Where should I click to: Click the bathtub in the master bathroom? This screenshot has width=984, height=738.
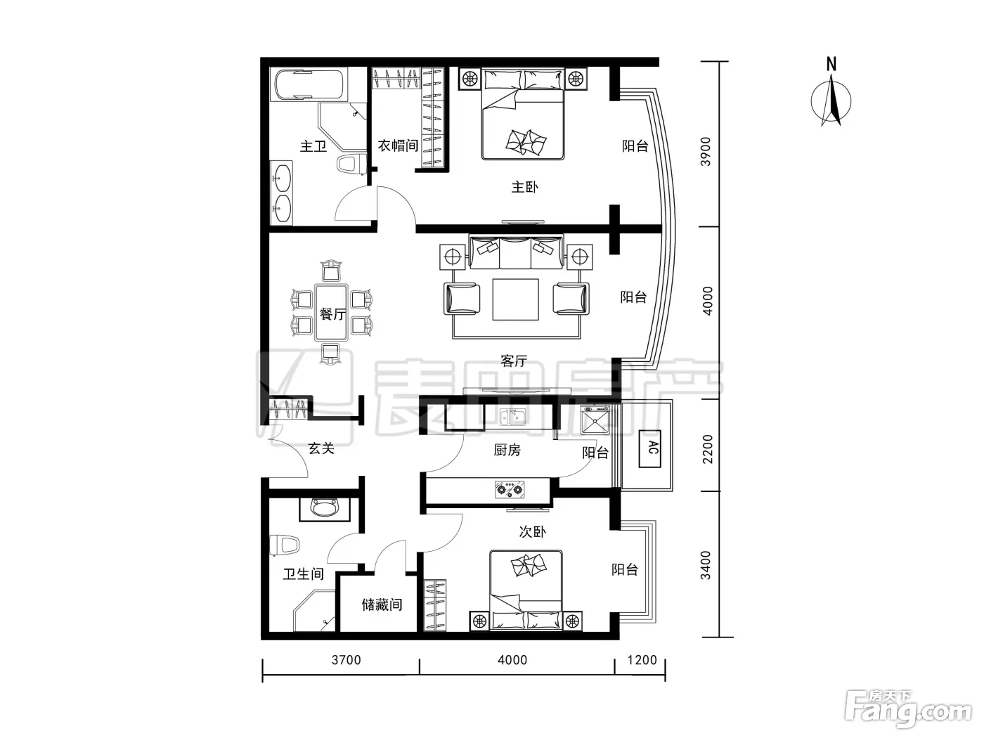click(309, 84)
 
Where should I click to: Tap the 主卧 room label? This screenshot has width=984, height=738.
click(524, 187)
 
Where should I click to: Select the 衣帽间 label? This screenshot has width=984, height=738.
click(398, 145)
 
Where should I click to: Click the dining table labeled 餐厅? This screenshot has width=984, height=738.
click(332, 312)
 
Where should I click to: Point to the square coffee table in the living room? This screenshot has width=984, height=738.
click(515, 299)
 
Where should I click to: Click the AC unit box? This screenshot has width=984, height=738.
click(649, 449)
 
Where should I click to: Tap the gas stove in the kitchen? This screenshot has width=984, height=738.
click(510, 490)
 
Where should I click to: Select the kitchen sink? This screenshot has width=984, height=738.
click(513, 417)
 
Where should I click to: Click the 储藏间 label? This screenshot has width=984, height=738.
click(382, 605)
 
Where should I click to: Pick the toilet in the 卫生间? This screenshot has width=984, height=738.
click(284, 545)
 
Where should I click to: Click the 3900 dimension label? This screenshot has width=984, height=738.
click(706, 151)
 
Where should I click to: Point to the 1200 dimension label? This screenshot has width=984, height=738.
click(642, 660)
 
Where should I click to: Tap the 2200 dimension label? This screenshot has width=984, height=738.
click(707, 449)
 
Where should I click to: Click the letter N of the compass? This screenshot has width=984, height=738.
click(831, 65)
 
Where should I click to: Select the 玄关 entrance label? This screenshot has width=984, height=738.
click(321, 448)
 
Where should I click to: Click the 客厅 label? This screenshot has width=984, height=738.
click(514, 361)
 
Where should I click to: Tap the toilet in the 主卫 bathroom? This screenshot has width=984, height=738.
click(351, 164)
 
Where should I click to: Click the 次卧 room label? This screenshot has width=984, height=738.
click(532, 532)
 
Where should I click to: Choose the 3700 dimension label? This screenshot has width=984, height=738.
click(346, 660)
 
